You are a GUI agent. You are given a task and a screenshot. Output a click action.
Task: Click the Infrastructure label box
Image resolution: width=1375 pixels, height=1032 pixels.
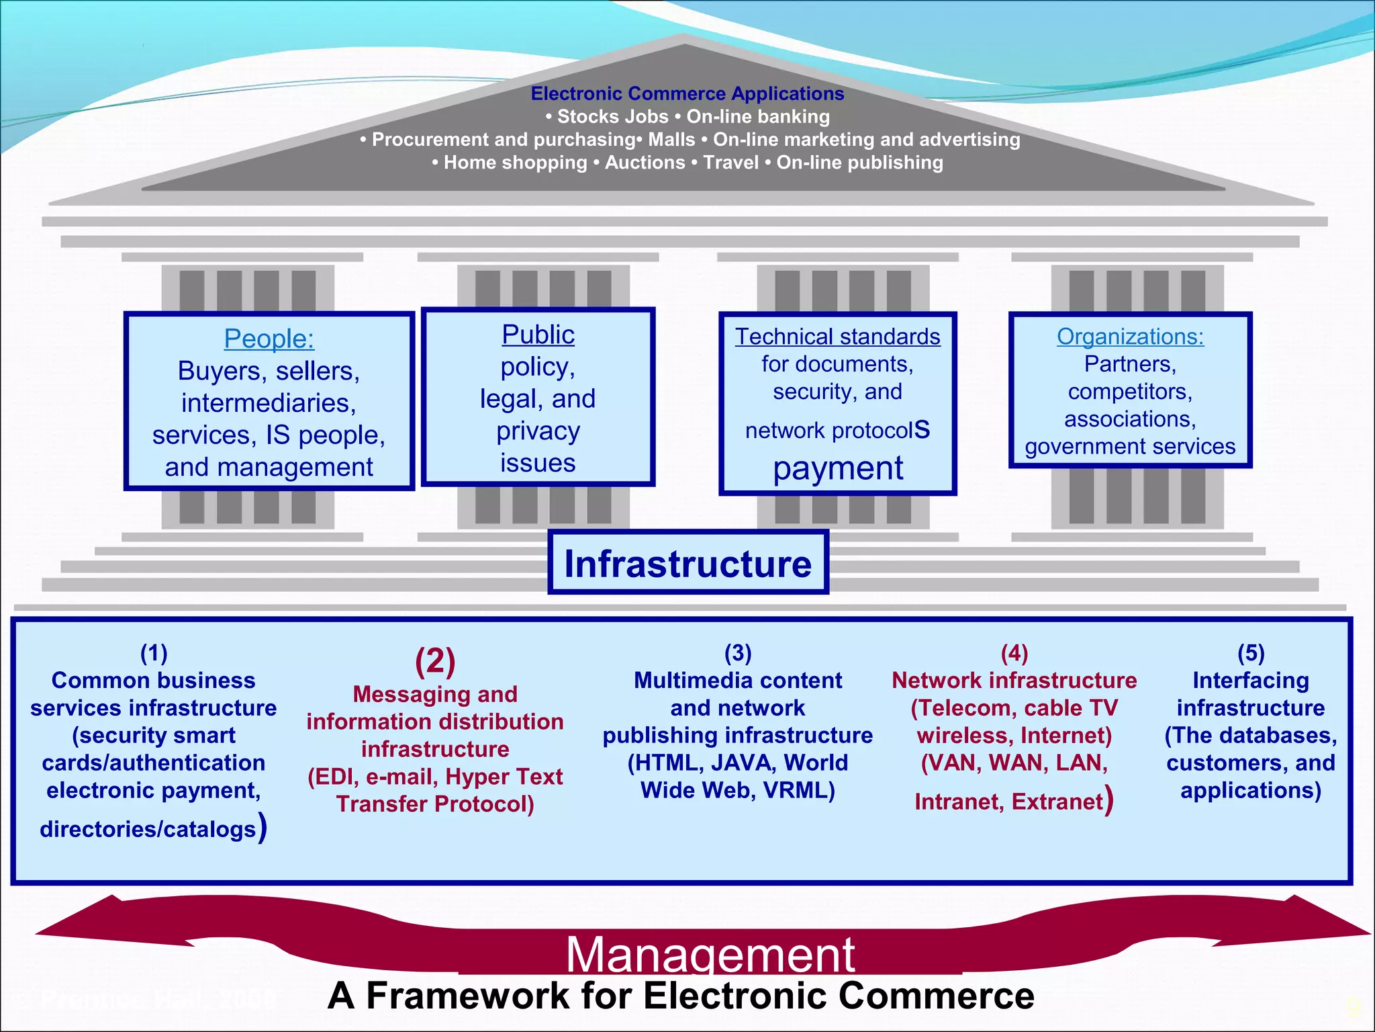pyautogui.click(x=687, y=563)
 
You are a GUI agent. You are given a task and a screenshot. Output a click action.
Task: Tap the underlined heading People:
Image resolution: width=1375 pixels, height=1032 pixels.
pyautogui.click(x=269, y=339)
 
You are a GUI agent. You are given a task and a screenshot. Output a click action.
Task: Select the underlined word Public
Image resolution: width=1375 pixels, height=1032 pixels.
pyautogui.click(x=538, y=335)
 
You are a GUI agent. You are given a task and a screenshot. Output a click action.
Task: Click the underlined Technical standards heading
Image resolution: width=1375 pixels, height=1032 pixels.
pyautogui.click(x=837, y=336)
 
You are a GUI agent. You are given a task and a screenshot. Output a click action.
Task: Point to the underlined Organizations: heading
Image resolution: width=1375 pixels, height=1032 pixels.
pyautogui.click(x=1130, y=336)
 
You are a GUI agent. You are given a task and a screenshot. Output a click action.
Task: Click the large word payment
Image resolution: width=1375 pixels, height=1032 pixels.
pyautogui.click(x=837, y=468)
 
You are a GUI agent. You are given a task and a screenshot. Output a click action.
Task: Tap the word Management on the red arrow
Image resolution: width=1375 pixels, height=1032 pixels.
pyautogui.click(x=710, y=954)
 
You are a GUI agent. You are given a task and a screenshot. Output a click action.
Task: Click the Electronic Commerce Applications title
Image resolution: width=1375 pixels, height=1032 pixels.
pyautogui.click(x=687, y=93)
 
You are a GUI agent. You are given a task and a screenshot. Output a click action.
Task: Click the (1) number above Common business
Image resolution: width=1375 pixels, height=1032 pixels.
pyautogui.click(x=154, y=652)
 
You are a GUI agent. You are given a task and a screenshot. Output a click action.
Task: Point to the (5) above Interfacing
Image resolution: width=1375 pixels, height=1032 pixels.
pyautogui.click(x=1251, y=652)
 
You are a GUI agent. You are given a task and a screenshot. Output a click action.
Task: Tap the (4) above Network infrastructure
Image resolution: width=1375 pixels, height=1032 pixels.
pyautogui.click(x=1014, y=652)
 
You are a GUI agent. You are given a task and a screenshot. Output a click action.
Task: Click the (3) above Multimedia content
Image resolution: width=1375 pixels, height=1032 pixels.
pyautogui.click(x=737, y=652)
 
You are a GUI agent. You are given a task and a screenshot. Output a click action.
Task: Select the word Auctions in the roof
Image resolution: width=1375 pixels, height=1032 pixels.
pyautogui.click(x=645, y=163)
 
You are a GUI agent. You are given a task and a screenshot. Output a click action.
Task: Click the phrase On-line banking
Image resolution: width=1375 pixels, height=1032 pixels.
pyautogui.click(x=757, y=117)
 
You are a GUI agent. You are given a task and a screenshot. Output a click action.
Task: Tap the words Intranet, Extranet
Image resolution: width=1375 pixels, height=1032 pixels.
pyautogui.click(x=1008, y=802)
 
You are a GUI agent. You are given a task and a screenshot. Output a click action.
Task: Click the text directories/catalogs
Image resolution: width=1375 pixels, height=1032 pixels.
pyautogui.click(x=148, y=829)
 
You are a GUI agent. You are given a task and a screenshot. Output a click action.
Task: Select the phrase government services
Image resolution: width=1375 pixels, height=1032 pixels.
pyautogui.click(x=1130, y=446)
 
